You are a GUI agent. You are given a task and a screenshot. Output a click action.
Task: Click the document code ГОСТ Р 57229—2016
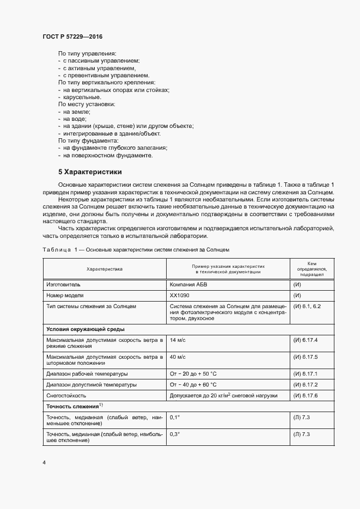(x=72, y=36)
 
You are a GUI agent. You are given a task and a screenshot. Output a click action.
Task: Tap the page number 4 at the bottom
(x=44, y=463)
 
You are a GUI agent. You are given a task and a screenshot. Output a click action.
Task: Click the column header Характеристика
(x=105, y=269)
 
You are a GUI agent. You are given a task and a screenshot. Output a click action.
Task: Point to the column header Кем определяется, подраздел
(x=311, y=268)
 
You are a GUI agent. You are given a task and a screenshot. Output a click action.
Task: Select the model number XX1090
(x=180, y=296)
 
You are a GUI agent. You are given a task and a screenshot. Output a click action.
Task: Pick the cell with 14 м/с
(x=178, y=340)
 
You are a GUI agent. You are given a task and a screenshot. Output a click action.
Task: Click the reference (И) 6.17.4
(x=305, y=340)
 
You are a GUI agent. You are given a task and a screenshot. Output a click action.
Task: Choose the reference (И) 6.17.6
(x=305, y=395)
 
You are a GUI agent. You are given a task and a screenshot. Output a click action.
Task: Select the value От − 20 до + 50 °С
(x=193, y=373)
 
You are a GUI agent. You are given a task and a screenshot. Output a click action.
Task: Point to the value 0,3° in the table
(x=175, y=434)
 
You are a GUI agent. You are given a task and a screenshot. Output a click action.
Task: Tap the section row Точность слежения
(x=74, y=406)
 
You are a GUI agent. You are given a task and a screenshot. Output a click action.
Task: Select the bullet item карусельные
(x=82, y=96)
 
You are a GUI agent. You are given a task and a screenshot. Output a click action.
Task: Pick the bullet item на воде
(x=75, y=119)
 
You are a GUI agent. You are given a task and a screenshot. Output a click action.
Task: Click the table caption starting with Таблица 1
(x=136, y=249)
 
